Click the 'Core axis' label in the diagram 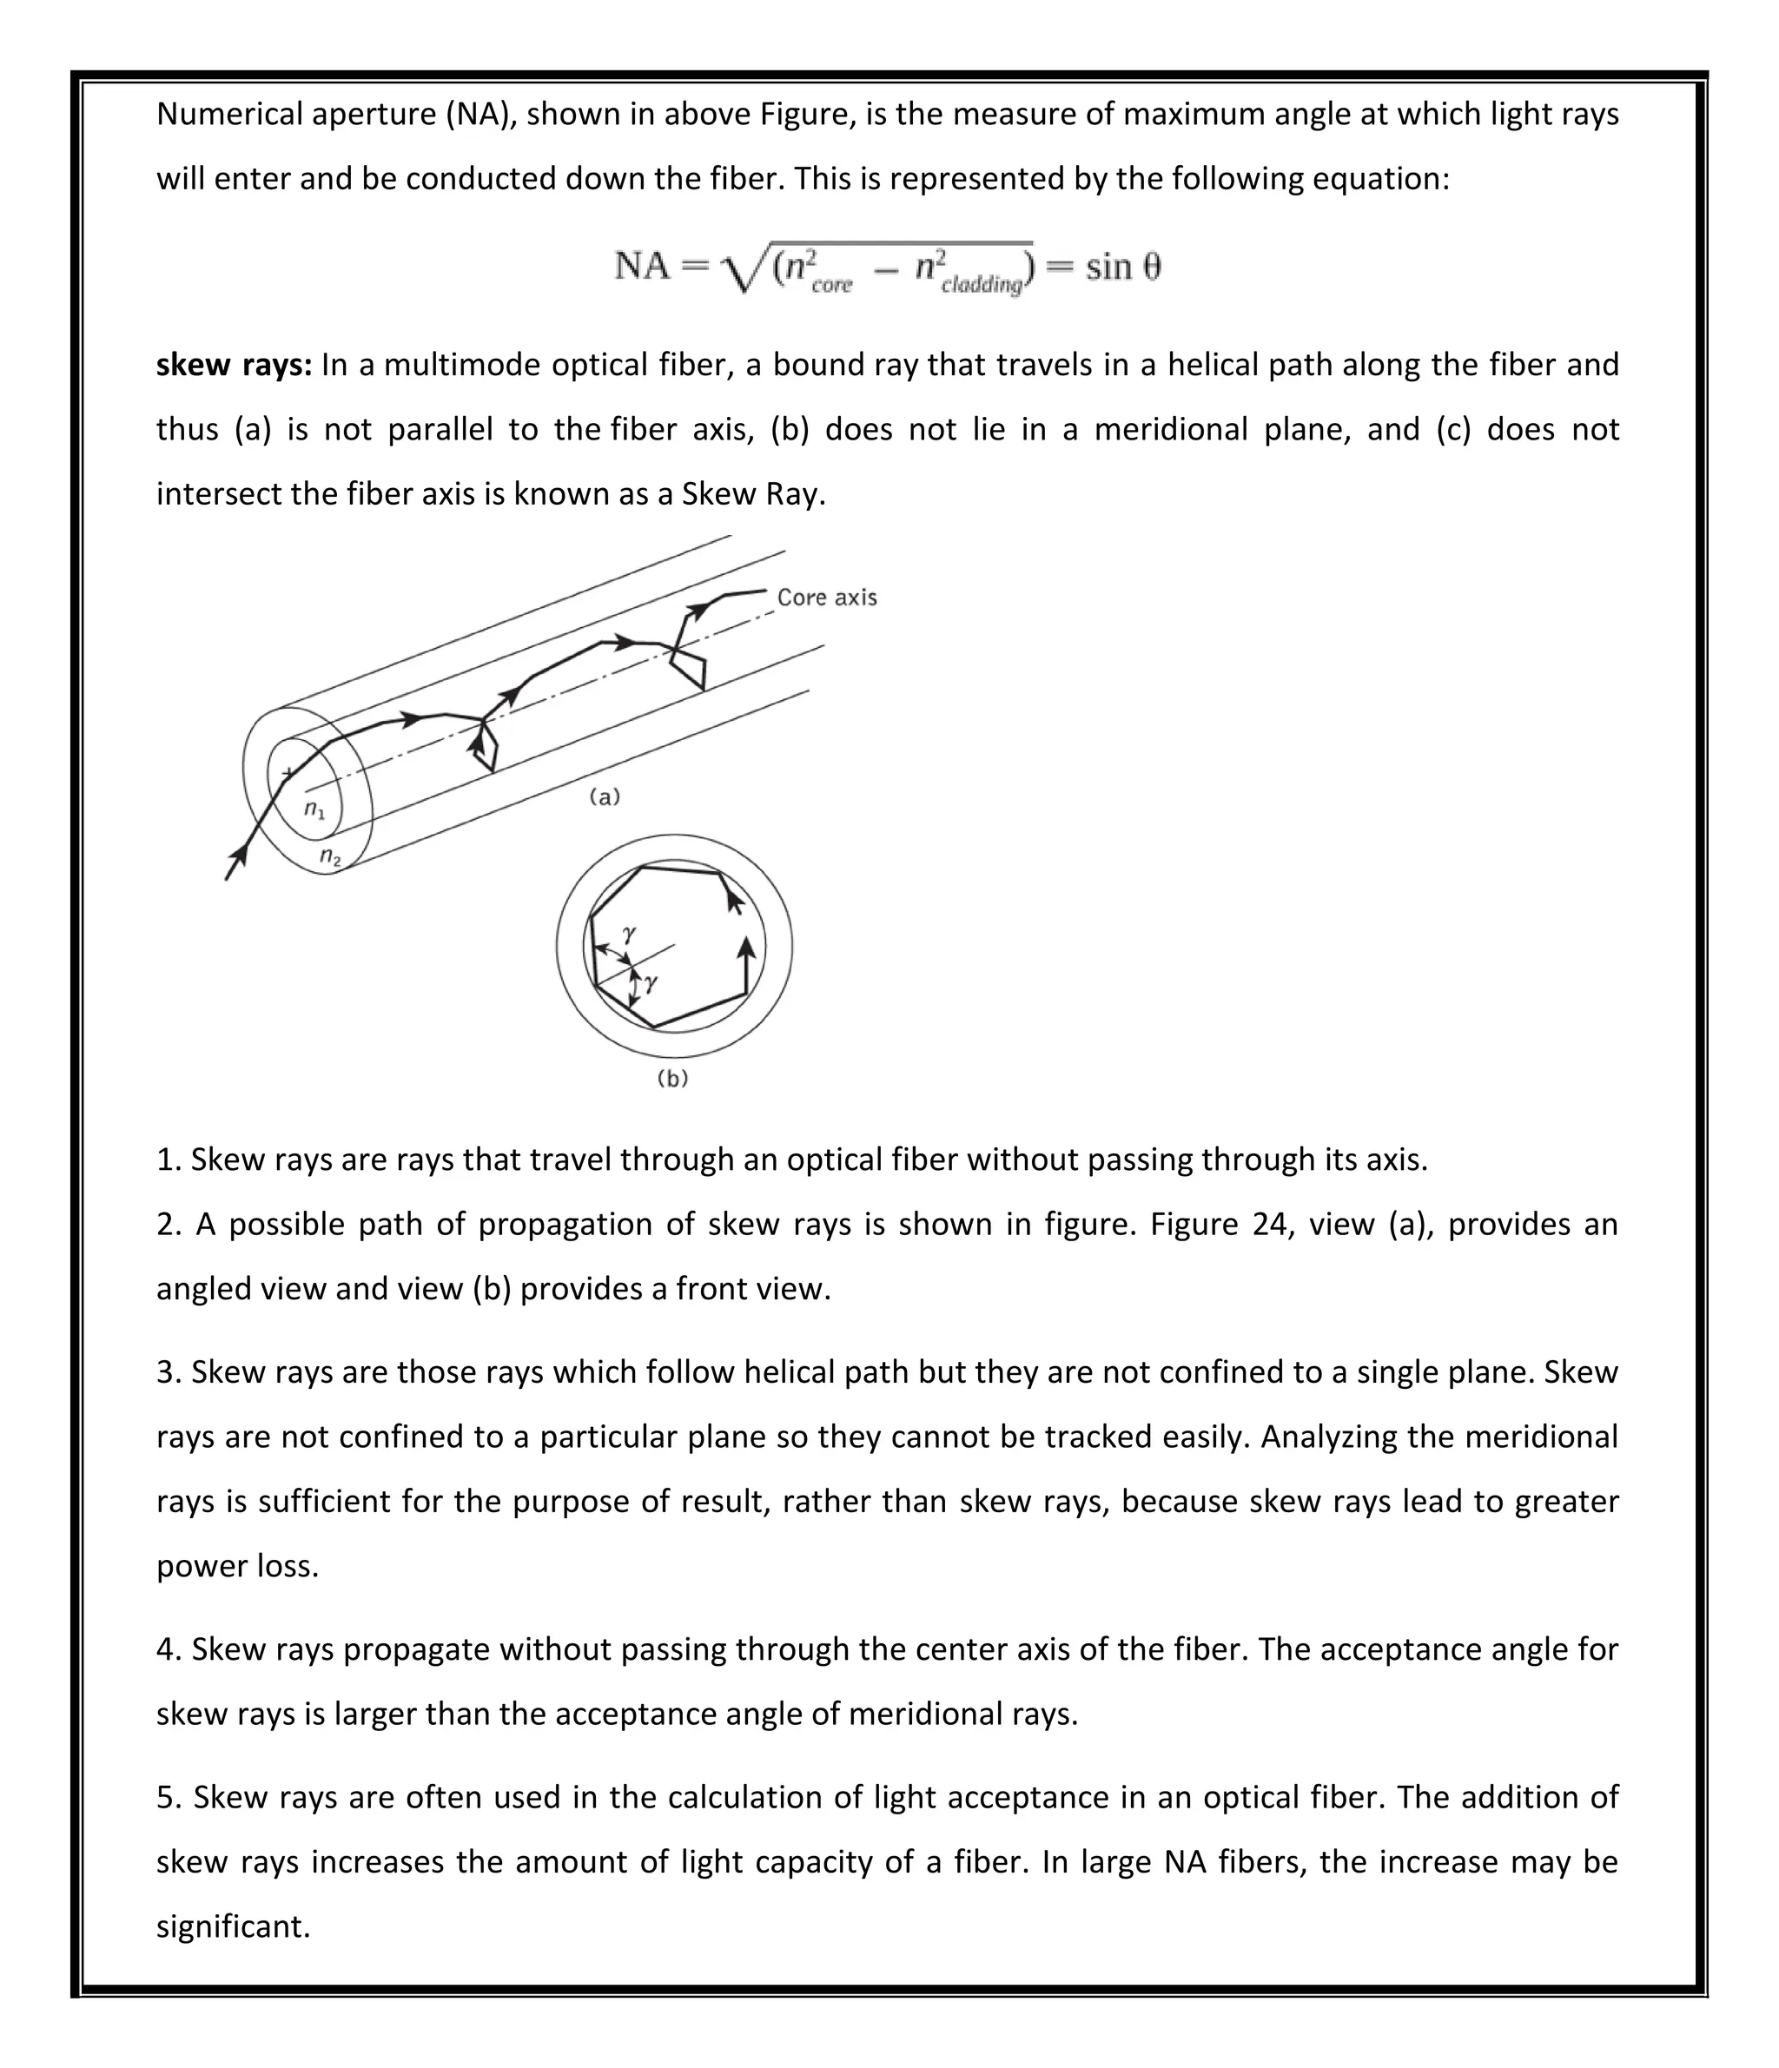[827, 597]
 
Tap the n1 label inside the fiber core [314, 809]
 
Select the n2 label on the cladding [330, 856]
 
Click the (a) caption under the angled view [605, 796]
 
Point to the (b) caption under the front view [673, 1078]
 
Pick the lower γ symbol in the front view [651, 982]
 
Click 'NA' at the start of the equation [642, 267]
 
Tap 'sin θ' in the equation [1123, 267]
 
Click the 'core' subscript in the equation [831, 286]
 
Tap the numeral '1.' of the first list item [168, 1160]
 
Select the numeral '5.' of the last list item [169, 1798]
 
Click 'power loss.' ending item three [238, 1566]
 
